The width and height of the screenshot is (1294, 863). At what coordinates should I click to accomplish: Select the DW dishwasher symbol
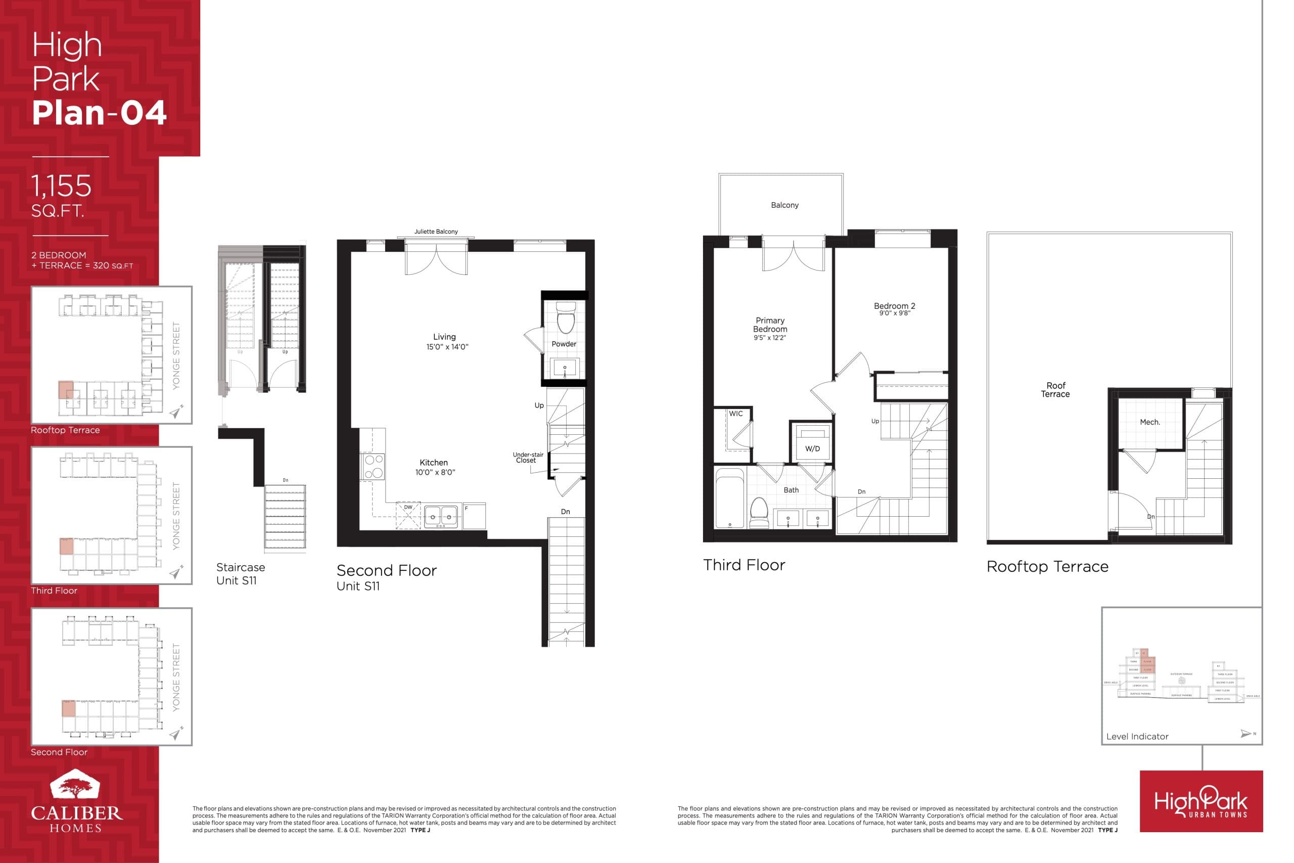tap(408, 516)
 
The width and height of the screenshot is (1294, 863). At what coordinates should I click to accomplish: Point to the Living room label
tap(444, 337)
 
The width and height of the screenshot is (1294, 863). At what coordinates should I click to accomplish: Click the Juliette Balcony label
tap(436, 232)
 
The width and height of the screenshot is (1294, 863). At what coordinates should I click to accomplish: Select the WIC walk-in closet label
tap(735, 414)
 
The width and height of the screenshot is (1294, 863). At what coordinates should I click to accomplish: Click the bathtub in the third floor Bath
tap(729, 498)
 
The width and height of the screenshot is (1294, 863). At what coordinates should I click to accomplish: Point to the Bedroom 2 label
tap(894, 306)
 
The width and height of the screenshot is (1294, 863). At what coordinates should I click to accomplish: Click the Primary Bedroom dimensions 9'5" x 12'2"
tap(770, 338)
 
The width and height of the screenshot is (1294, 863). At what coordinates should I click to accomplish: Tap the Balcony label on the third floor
tap(784, 205)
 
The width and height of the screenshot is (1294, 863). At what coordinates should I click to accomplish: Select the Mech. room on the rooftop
tap(1149, 422)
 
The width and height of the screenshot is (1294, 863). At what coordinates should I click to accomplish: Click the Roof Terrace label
tap(1055, 390)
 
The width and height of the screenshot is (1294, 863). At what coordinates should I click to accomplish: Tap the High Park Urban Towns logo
tap(1200, 801)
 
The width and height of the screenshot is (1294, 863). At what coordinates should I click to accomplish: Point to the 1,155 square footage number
tap(61, 186)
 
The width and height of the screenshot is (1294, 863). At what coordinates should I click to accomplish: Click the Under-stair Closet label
tap(527, 458)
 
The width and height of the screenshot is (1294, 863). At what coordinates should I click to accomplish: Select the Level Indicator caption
tap(1137, 737)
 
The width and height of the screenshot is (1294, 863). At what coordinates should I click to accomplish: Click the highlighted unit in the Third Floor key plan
tap(66, 547)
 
